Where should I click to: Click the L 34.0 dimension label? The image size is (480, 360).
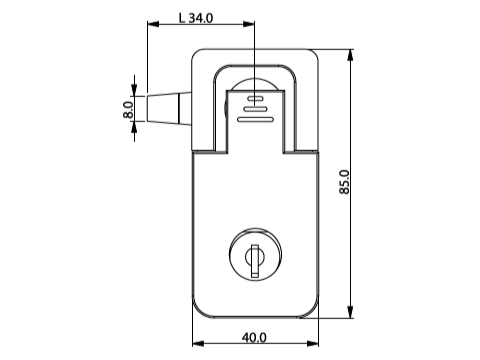click(x=196, y=18)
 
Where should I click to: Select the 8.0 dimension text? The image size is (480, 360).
click(x=128, y=110)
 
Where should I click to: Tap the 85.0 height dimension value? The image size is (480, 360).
click(x=344, y=182)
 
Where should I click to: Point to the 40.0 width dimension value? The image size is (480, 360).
click(x=254, y=338)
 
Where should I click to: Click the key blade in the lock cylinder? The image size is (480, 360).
click(x=255, y=261)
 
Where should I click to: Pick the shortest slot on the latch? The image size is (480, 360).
click(x=255, y=98)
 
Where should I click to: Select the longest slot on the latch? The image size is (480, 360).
click(x=255, y=119)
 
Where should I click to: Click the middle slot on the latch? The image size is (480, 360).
click(x=255, y=108)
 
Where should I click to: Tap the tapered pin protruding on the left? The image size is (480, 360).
click(x=169, y=109)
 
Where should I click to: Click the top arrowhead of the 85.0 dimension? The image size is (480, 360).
click(x=350, y=55)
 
